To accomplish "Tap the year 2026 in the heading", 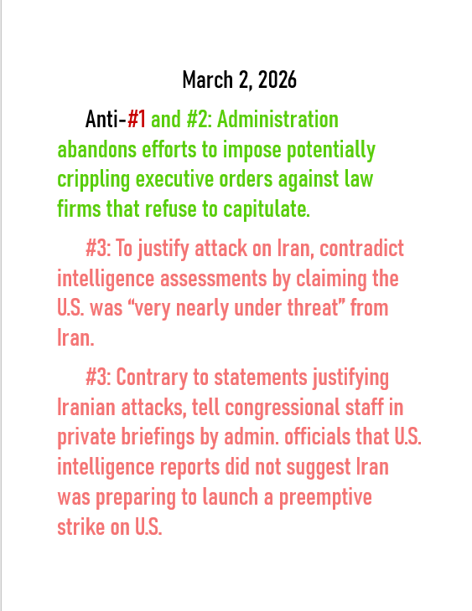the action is pos(277,80).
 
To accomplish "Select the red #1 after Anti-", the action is pos(137,120).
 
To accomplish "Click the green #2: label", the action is pos(198,120).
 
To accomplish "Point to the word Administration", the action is pos(277,120).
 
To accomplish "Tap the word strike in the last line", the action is pos(80,527).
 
